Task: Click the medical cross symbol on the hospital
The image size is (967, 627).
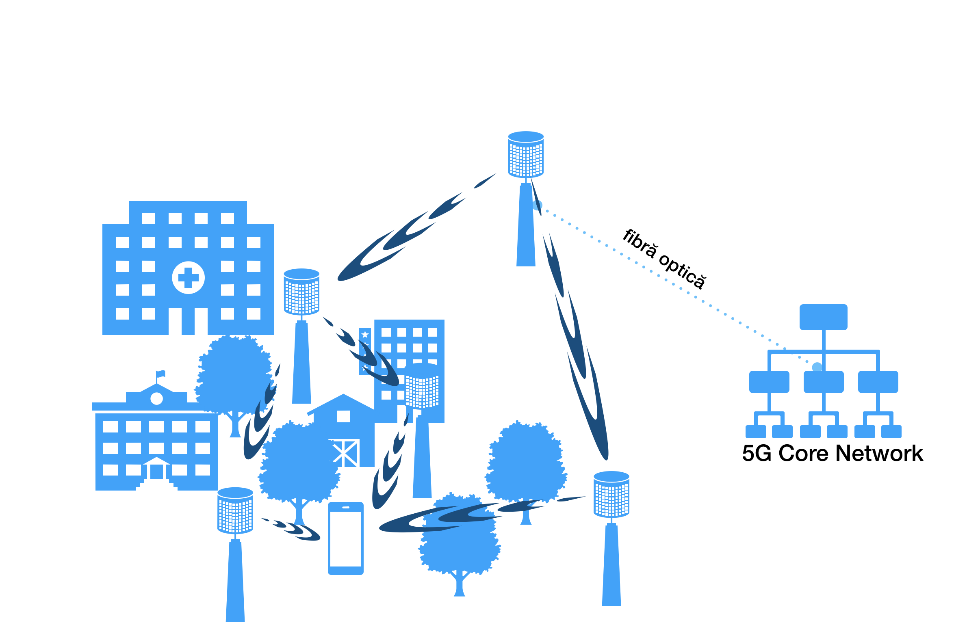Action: tap(188, 278)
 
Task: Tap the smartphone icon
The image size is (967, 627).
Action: tap(346, 538)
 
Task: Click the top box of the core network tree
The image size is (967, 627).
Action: tap(823, 317)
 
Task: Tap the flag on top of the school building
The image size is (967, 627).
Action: tap(161, 373)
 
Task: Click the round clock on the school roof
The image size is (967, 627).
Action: tap(156, 399)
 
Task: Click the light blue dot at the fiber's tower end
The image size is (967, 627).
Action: tap(538, 205)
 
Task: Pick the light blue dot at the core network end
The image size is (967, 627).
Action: tap(817, 368)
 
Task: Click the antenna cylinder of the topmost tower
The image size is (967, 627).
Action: tap(526, 154)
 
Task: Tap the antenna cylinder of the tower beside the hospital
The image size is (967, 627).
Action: tap(301, 292)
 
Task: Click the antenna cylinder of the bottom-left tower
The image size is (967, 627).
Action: tap(235, 510)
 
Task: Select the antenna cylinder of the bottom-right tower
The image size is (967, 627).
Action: tap(611, 494)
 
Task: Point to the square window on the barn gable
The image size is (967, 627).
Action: tap(343, 416)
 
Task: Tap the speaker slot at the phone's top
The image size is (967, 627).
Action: tap(346, 508)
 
